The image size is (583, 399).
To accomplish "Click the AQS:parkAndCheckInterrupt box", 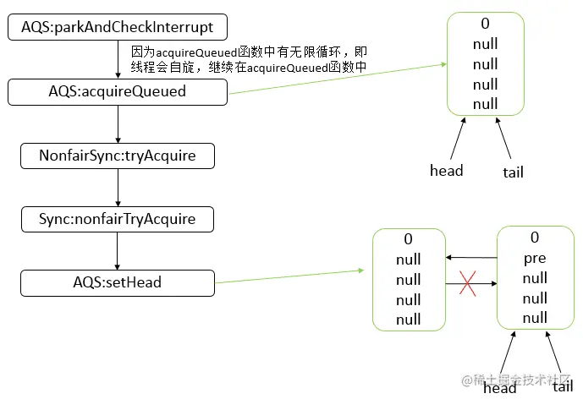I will pos(118,28).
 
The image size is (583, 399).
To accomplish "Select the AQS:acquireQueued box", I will pos(118,92).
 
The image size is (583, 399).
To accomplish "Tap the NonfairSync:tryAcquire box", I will pos(118,156).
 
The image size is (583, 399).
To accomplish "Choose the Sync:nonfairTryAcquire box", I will pos(118,219).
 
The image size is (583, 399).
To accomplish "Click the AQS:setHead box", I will pos(118,282).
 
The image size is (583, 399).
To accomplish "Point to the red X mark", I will pos(466,285).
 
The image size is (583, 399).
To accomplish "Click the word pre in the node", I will pos(534,258).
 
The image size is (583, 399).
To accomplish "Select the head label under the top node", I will pos(446,171).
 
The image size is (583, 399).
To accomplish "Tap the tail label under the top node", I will pos(512,172).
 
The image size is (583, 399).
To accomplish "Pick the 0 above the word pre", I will pos(534,238).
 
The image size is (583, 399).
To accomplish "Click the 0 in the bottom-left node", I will pos(408,240).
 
